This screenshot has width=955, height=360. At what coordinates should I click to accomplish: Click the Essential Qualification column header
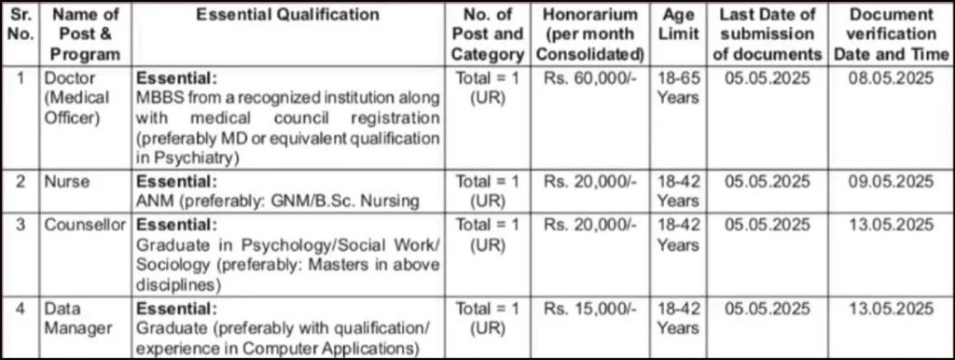(x=288, y=15)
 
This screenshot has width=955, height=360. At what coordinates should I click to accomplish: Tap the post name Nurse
(x=66, y=181)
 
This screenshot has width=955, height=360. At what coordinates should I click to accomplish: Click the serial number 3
(x=21, y=225)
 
